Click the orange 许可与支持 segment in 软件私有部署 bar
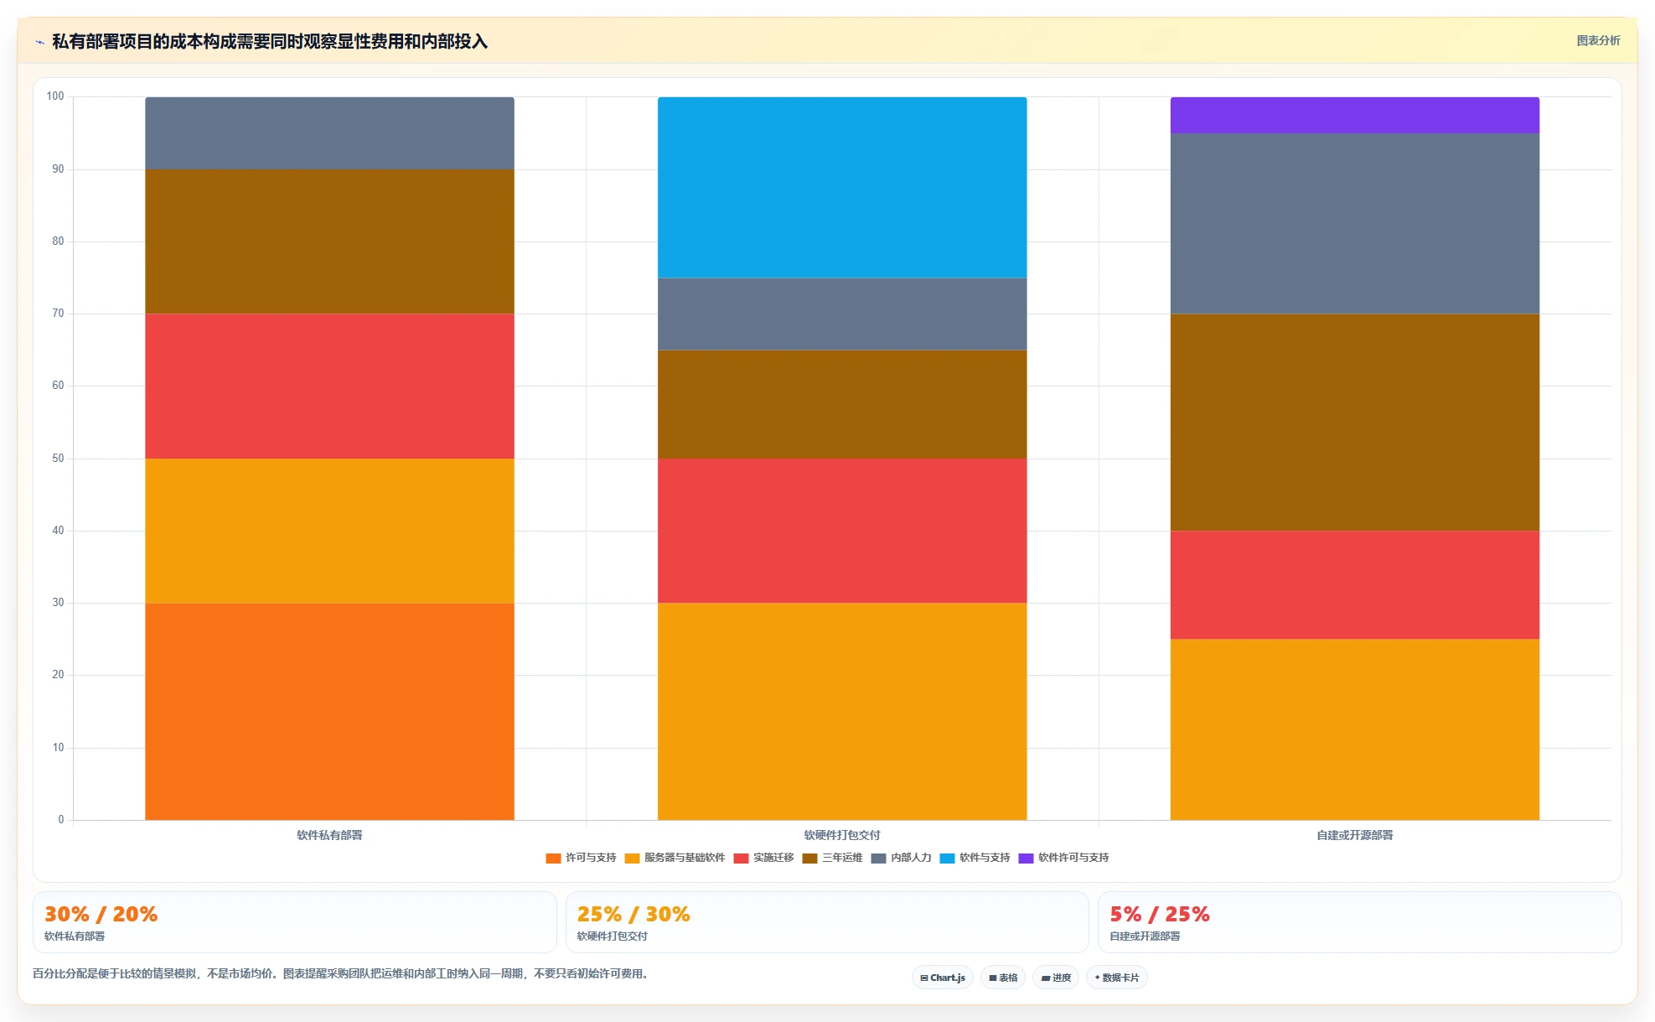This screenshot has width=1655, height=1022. [329, 711]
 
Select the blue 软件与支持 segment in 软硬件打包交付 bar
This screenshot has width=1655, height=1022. [842, 187]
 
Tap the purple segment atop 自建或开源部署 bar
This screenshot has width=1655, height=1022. [1355, 115]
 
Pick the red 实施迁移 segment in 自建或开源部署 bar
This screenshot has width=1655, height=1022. [1355, 584]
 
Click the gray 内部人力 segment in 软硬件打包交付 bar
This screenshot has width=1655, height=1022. [842, 314]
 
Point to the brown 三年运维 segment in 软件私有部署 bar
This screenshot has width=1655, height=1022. [329, 241]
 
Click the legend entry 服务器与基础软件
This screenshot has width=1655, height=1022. [675, 858]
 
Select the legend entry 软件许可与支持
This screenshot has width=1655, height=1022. [1064, 858]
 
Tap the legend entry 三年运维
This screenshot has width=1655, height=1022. [833, 858]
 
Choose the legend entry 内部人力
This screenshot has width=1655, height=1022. [902, 858]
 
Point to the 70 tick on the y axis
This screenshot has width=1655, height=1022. [58, 314]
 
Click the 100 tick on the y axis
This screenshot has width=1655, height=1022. [55, 96]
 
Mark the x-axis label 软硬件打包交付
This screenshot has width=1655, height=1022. [842, 835]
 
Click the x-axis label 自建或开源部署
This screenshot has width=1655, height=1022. [1355, 835]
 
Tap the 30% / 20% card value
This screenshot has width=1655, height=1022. [101, 914]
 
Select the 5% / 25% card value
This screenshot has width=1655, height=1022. [1160, 914]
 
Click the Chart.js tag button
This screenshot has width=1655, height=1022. [943, 978]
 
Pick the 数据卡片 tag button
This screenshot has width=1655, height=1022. [1117, 978]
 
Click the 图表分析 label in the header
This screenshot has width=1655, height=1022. [1599, 40]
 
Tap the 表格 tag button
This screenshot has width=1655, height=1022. [1003, 978]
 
